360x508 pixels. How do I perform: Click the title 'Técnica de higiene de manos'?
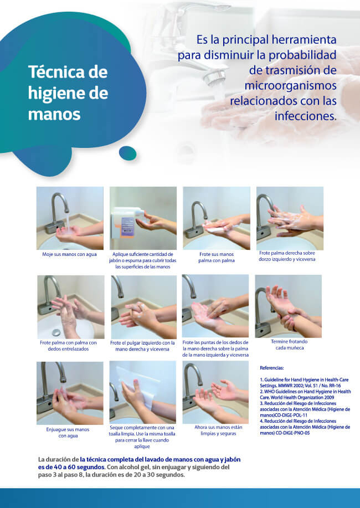[x=68, y=93]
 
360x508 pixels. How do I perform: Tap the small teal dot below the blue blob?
[x=128, y=153]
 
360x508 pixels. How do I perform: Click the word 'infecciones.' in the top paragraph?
[x=306, y=116]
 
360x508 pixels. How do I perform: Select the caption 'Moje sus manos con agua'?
[x=69, y=254]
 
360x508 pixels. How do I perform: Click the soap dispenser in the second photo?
[x=127, y=222]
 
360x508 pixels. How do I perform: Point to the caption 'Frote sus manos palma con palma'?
[x=217, y=257]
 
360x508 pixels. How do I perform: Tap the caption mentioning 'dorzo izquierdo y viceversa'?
[x=287, y=256]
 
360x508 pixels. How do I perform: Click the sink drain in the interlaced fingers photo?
[x=56, y=332]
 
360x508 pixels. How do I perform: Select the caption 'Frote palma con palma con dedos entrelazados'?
[x=68, y=346]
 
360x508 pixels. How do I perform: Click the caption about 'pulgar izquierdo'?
[x=142, y=346]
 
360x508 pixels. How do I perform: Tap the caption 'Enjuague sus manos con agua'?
[x=68, y=433]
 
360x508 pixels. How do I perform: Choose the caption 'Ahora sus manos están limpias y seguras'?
[x=218, y=430]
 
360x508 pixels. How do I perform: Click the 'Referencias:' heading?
[x=272, y=368]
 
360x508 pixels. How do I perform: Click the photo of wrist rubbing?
[x=289, y=306]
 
